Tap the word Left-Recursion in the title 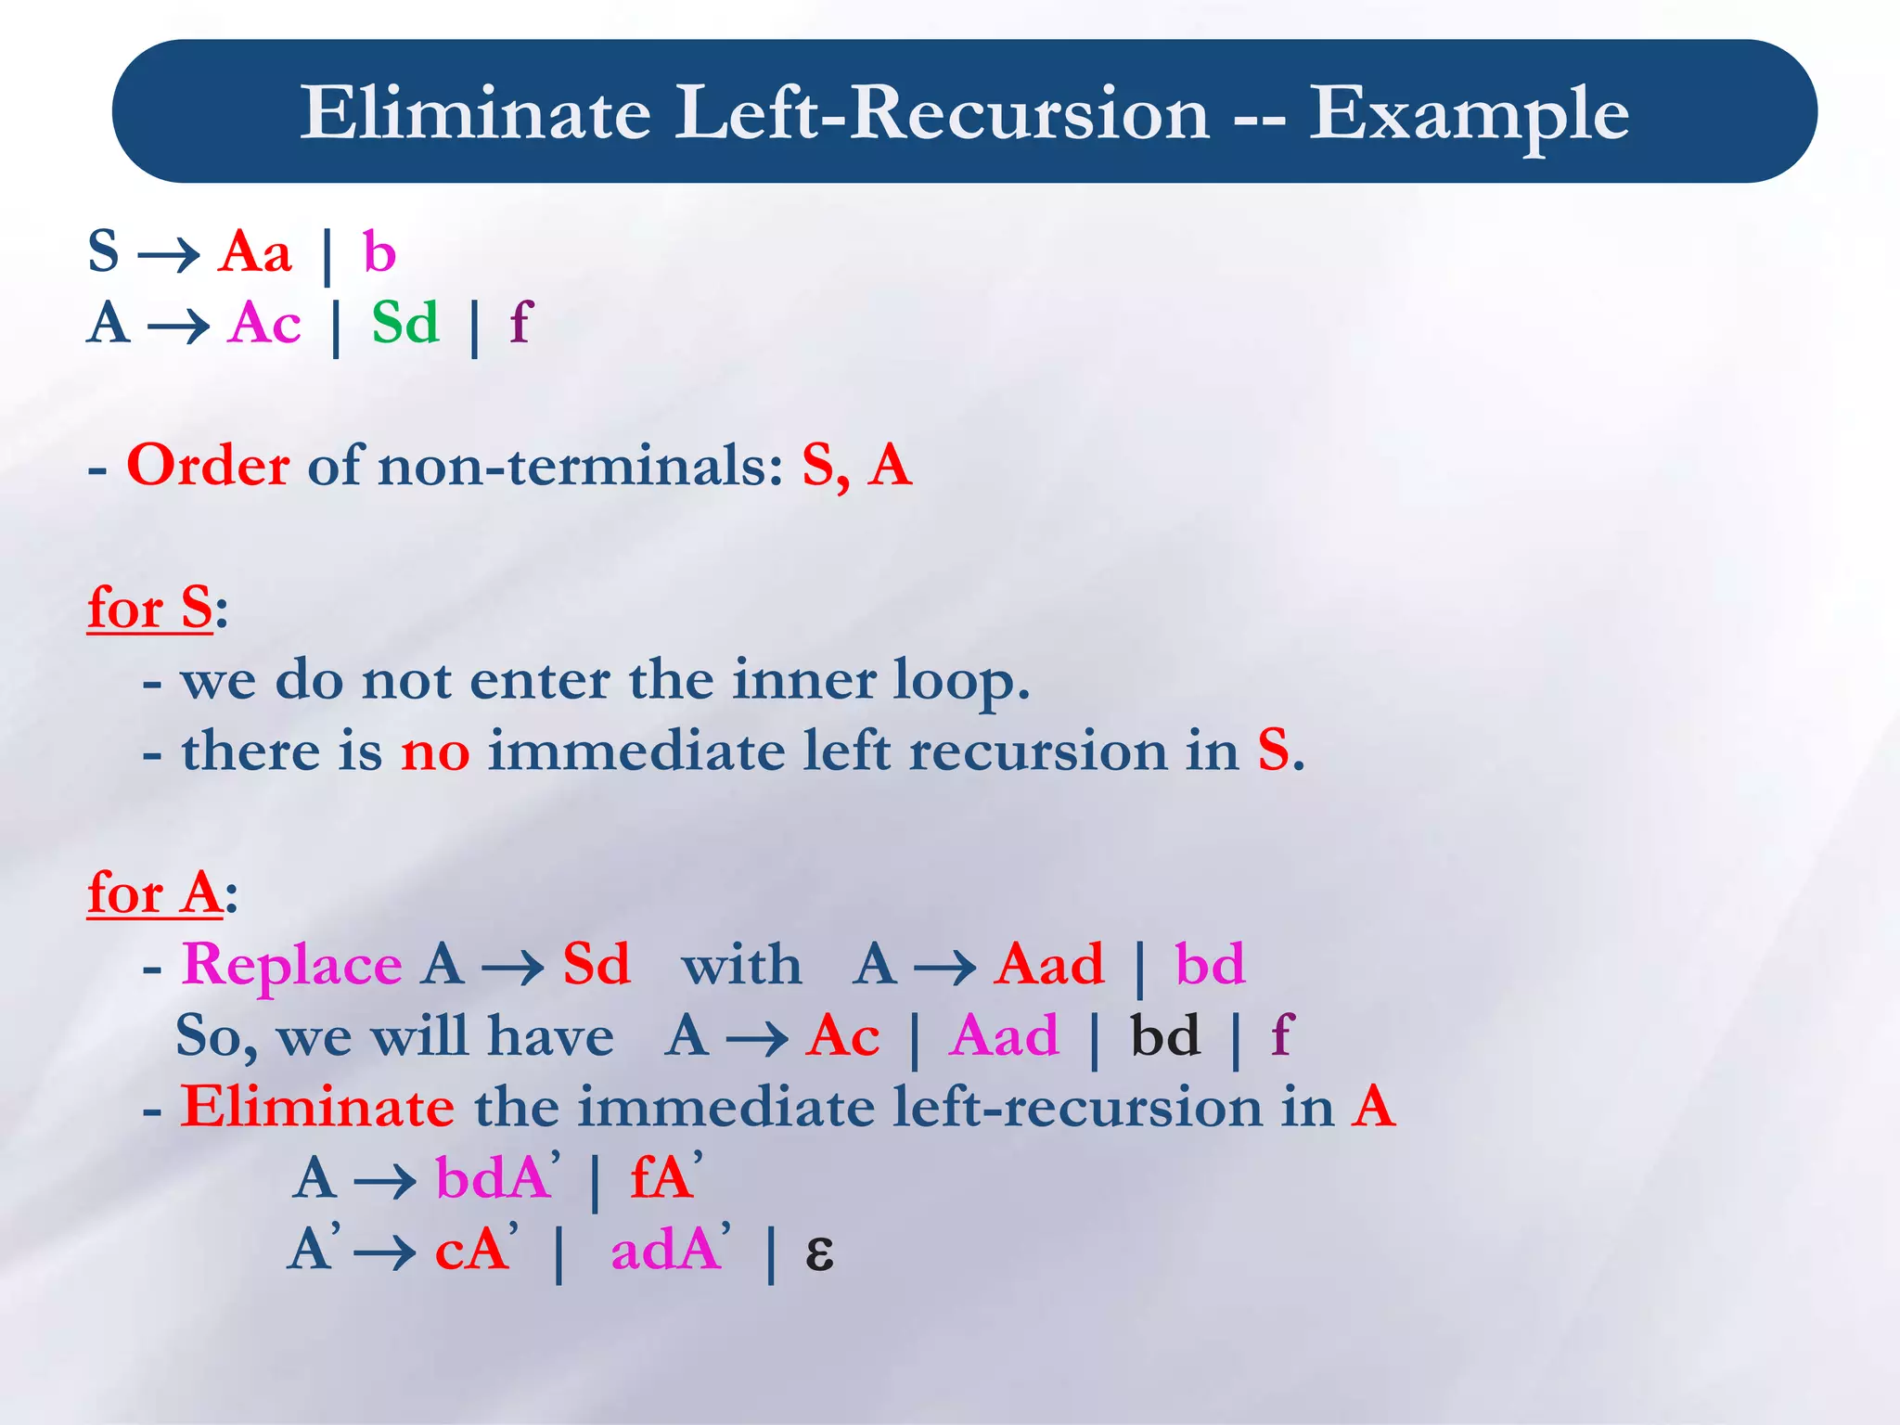[941, 113]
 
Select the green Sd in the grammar [405, 324]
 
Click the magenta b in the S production [379, 251]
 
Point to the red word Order [208, 465]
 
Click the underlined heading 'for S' [150, 610]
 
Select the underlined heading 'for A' [155, 894]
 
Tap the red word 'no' [435, 751]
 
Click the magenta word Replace [292, 965]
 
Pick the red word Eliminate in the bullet [317, 1108]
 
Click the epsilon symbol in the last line [819, 1252]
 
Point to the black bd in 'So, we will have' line [1165, 1036]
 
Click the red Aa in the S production [255, 251]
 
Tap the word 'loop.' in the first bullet [961, 680]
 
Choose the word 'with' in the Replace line [741, 965]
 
